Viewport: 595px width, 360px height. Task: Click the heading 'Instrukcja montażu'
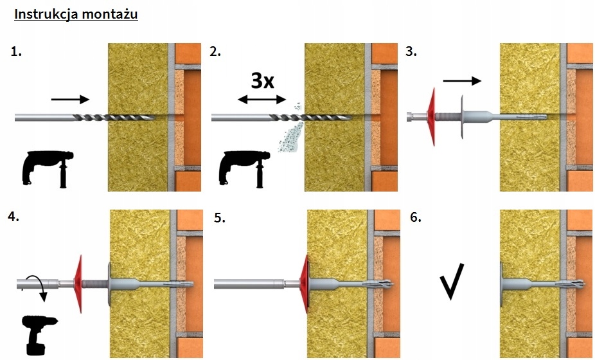[76, 14]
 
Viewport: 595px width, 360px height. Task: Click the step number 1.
[17, 52]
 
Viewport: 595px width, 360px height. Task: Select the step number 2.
[215, 52]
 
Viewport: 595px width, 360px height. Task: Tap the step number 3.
[411, 52]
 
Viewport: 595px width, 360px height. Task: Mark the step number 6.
[415, 217]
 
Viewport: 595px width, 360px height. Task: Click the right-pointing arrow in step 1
[70, 99]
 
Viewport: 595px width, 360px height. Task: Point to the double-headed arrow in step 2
[261, 99]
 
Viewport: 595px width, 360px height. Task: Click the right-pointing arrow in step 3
[461, 81]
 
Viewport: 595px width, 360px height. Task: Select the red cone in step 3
[429, 116]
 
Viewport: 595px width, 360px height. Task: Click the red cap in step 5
[305, 283]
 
